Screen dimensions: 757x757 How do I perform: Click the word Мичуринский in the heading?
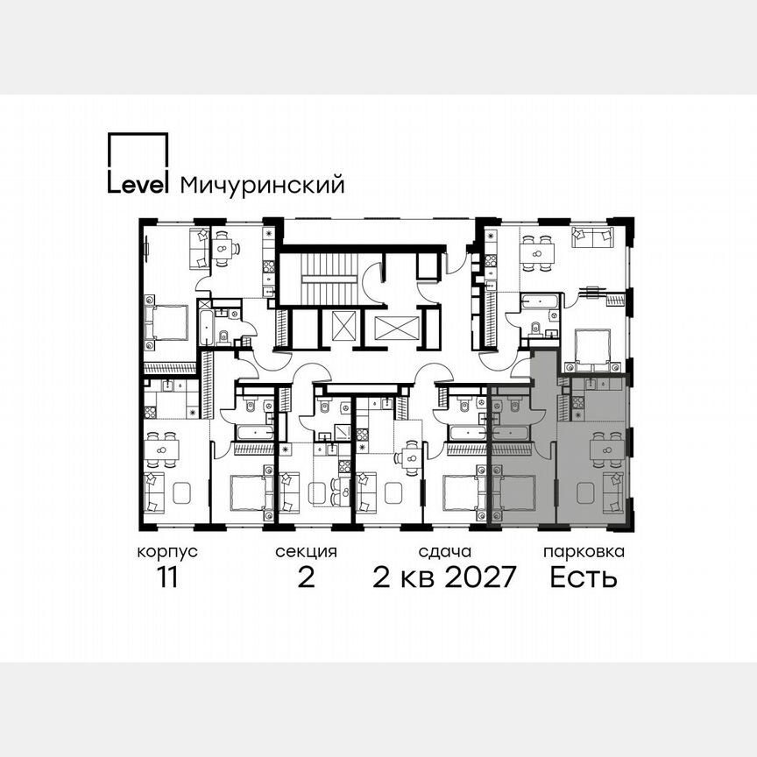point(261,186)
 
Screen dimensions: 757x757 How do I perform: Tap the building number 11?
point(166,579)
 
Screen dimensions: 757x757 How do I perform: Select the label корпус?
point(166,552)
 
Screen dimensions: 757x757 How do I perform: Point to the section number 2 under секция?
point(306,579)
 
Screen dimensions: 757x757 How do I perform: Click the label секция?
point(306,552)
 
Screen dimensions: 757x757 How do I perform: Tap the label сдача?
point(445,552)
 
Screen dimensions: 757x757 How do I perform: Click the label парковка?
point(584,552)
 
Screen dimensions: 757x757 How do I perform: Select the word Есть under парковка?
point(584,579)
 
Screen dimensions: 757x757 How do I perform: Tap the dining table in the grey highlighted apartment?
point(606,449)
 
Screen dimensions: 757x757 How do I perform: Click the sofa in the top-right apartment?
point(592,237)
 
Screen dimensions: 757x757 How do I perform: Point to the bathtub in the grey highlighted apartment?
point(509,433)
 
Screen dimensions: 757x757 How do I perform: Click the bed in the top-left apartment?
point(170,322)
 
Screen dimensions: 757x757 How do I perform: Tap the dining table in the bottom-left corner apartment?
point(162,449)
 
